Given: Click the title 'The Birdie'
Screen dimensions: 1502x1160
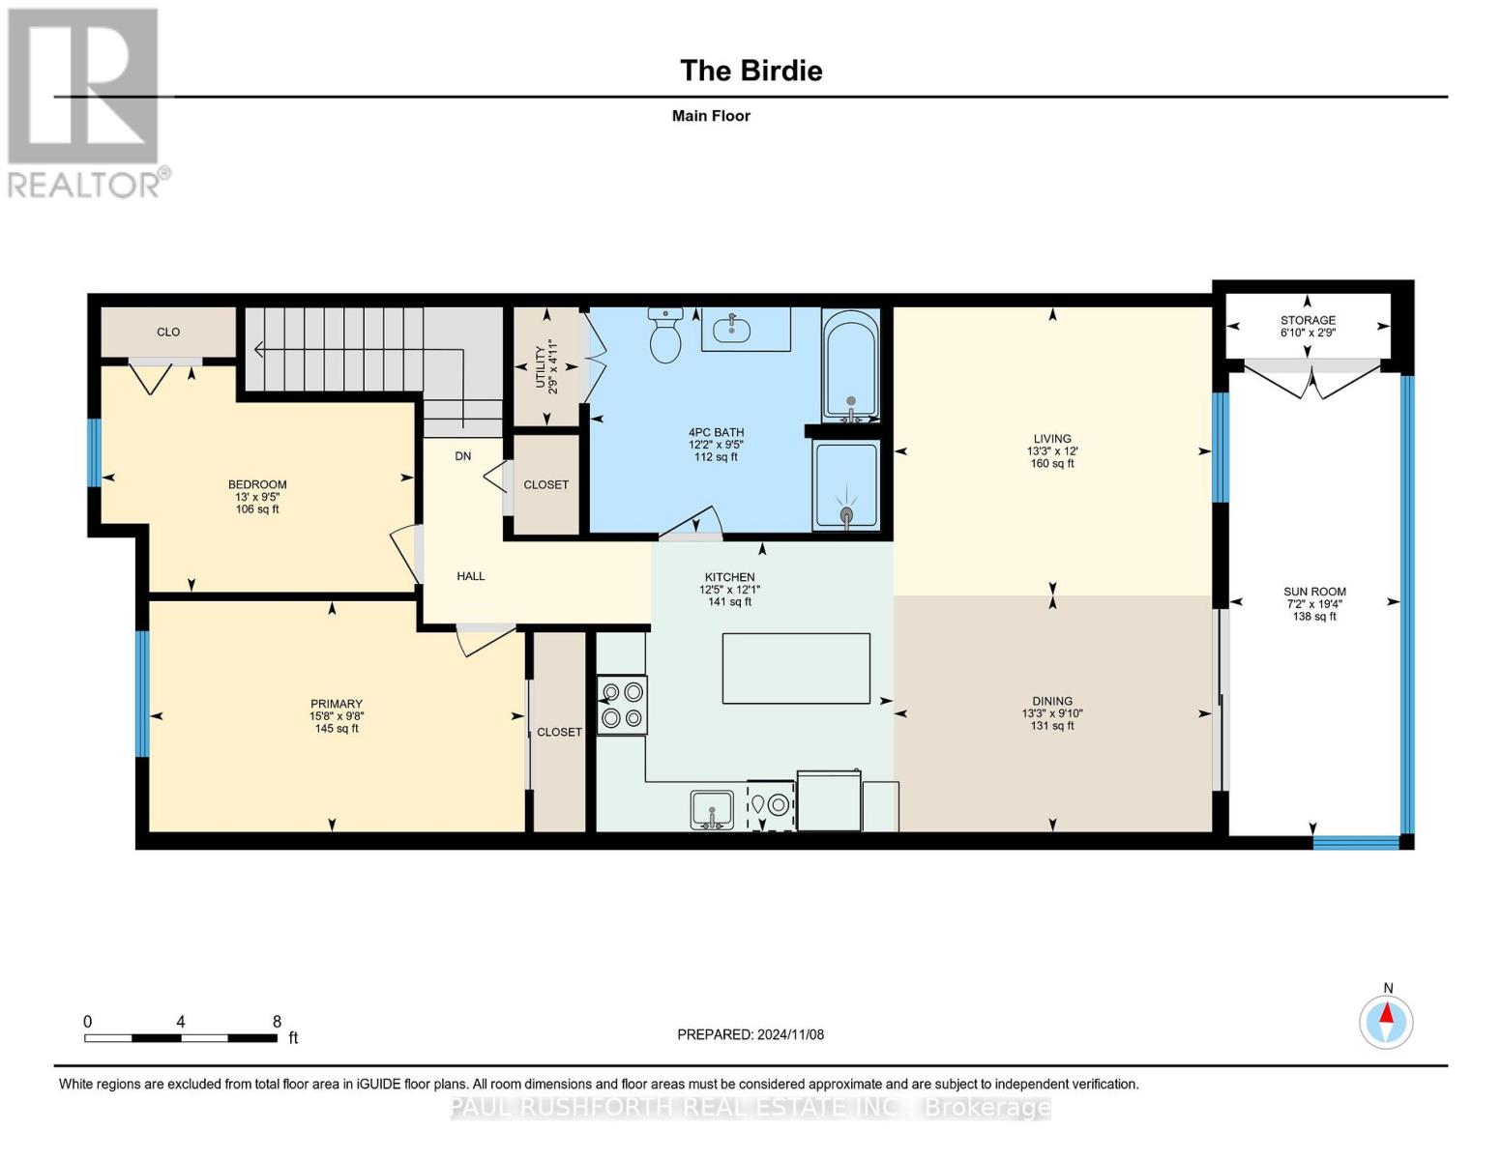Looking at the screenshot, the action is coord(751,71).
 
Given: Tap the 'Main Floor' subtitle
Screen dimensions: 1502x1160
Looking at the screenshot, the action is coord(711,116).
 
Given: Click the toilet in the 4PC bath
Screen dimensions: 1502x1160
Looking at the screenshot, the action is coord(665,335).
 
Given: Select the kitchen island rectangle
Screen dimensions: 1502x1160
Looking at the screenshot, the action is coord(796,668).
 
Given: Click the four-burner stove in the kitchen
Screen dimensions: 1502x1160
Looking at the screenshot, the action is coord(622,705).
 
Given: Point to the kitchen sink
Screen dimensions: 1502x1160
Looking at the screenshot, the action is coord(712,810).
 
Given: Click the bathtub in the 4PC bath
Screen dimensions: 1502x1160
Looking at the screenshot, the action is coord(850,365).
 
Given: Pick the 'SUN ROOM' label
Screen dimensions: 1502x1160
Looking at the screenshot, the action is coord(1314,592).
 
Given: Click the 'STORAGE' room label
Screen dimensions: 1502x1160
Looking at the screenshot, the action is coord(1308,320).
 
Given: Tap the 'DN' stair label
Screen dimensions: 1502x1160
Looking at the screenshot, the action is coord(463,456).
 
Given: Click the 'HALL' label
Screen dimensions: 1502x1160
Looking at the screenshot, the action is coord(471,576).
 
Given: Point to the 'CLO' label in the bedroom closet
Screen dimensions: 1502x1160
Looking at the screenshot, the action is coord(168,333).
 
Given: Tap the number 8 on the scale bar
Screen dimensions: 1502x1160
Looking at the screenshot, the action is coord(277,1021).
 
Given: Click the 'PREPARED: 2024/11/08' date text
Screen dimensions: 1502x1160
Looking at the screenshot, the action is coord(751,1034).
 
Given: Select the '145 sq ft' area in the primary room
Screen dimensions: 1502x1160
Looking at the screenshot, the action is coord(337,728).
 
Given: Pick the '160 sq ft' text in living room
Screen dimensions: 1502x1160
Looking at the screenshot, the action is coord(1052,463).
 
